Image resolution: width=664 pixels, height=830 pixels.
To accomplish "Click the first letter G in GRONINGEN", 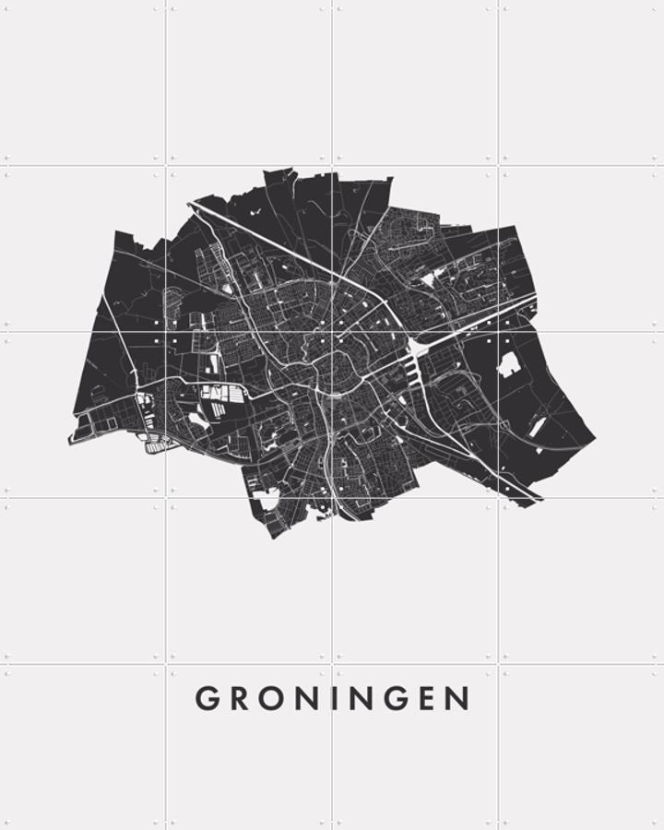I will pyautogui.click(x=207, y=699).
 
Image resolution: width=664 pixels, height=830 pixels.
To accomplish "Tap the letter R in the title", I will pyautogui.click(x=237, y=699).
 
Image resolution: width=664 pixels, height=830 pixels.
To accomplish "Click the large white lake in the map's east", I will pyautogui.click(x=508, y=363).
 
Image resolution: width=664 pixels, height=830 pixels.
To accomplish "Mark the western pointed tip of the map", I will pyautogui.click(x=70, y=442).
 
